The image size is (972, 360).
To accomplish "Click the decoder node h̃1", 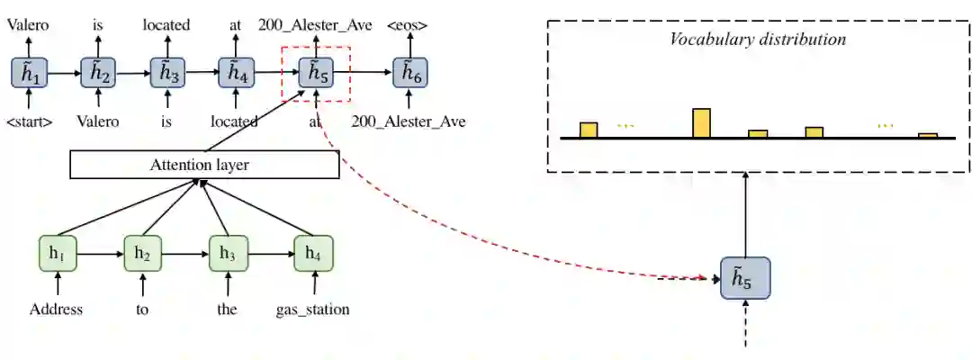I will (30, 74).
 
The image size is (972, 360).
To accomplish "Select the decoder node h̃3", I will (166, 74).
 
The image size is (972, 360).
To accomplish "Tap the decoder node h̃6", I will (410, 74).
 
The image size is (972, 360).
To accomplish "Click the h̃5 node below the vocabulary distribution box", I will (745, 279).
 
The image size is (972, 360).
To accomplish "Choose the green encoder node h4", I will (313, 254).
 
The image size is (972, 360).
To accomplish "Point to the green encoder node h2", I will (142, 254).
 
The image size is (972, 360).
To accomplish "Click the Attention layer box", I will (204, 165).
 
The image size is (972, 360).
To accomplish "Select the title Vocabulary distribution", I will (758, 40).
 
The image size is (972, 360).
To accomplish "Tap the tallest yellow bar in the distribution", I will (701, 123).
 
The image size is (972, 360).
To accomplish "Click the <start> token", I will (29, 121).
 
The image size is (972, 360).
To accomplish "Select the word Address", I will (56, 310).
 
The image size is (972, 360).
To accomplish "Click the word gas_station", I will (312, 310).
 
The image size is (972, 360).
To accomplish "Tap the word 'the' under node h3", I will (228, 310).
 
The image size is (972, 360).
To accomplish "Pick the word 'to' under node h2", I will (142, 310).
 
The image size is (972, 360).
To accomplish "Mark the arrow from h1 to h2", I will (99, 254).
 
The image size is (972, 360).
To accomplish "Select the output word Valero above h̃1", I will (30, 25).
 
